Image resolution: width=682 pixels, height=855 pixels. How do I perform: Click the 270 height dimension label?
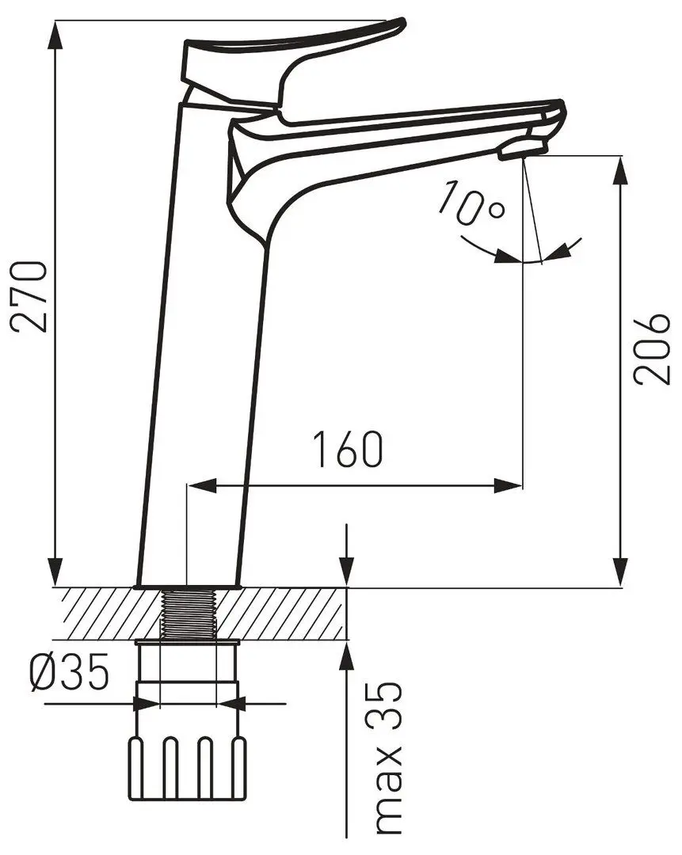tap(29, 297)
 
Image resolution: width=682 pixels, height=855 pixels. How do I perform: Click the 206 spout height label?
tap(651, 349)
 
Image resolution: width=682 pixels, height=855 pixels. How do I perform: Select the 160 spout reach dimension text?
tap(348, 450)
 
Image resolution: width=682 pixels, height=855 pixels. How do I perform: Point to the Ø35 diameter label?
tap(69, 672)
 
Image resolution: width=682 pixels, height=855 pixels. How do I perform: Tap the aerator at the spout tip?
tap(523, 148)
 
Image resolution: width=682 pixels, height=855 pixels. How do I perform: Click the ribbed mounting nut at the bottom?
tap(187, 769)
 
